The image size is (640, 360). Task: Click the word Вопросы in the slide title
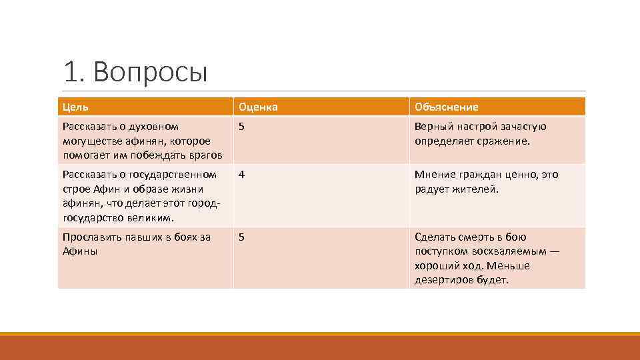pos(151,72)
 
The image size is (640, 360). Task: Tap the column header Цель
pos(75,107)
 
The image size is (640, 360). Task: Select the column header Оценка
pos(258,107)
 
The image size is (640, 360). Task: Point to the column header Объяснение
pos(447,107)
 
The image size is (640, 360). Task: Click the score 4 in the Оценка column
pos(242,175)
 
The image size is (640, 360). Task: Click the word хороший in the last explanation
pos(437,265)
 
